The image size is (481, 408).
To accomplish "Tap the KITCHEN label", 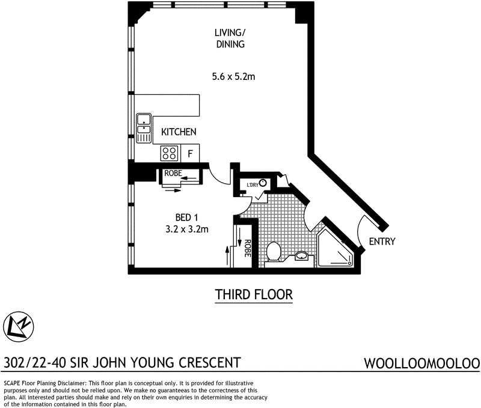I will pyautogui.click(x=179, y=132).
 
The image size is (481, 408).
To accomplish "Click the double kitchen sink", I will pyautogui.click(x=144, y=128).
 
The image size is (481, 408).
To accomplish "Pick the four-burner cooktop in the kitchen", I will pyautogui.click(x=170, y=153).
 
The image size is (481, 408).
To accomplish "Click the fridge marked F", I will pyautogui.click(x=190, y=154).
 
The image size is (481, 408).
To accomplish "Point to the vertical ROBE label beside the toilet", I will pyautogui.click(x=247, y=249).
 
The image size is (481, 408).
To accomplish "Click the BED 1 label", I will pyautogui.click(x=186, y=217).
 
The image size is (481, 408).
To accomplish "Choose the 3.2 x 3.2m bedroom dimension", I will pyautogui.click(x=186, y=229).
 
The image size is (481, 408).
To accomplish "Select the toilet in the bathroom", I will pyautogui.click(x=274, y=251).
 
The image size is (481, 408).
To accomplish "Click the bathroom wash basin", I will pyautogui.click(x=301, y=258).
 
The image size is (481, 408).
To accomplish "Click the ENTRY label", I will pyautogui.click(x=382, y=242).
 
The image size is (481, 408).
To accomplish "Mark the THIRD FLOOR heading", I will pyautogui.click(x=254, y=295).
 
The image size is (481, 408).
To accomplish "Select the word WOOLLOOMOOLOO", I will pyautogui.click(x=421, y=364).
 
